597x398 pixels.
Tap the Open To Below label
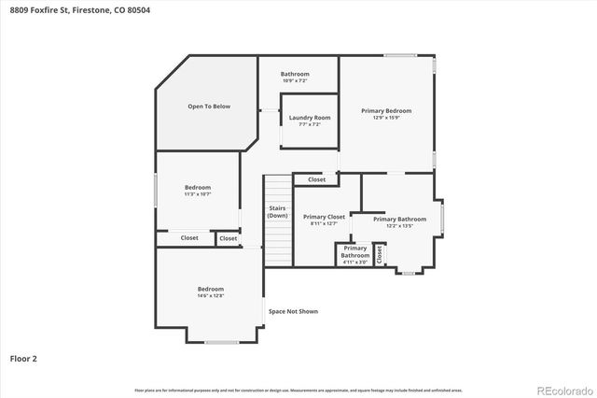tap(208, 107)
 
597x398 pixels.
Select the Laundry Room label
tap(310, 118)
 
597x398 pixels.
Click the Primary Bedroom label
tap(386, 110)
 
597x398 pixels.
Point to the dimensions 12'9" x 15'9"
tap(386, 118)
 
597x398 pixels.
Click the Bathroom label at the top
tap(295, 74)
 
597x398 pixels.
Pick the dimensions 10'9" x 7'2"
tap(295, 81)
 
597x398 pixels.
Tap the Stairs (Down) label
tap(277, 211)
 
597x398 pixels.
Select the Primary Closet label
tap(324, 217)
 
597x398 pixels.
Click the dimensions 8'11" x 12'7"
tap(324, 224)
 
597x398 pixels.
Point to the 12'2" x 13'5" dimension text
tap(393, 226)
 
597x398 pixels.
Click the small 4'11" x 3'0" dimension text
tap(354, 263)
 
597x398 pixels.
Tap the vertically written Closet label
tap(380, 253)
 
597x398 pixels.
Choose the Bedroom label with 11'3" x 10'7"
tap(198, 187)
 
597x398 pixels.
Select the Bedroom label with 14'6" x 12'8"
tap(210, 289)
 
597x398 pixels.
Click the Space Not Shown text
tap(293, 311)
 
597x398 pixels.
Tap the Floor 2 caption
tap(23, 358)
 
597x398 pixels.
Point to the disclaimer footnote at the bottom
tap(298, 390)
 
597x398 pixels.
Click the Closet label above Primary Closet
tap(316, 179)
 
